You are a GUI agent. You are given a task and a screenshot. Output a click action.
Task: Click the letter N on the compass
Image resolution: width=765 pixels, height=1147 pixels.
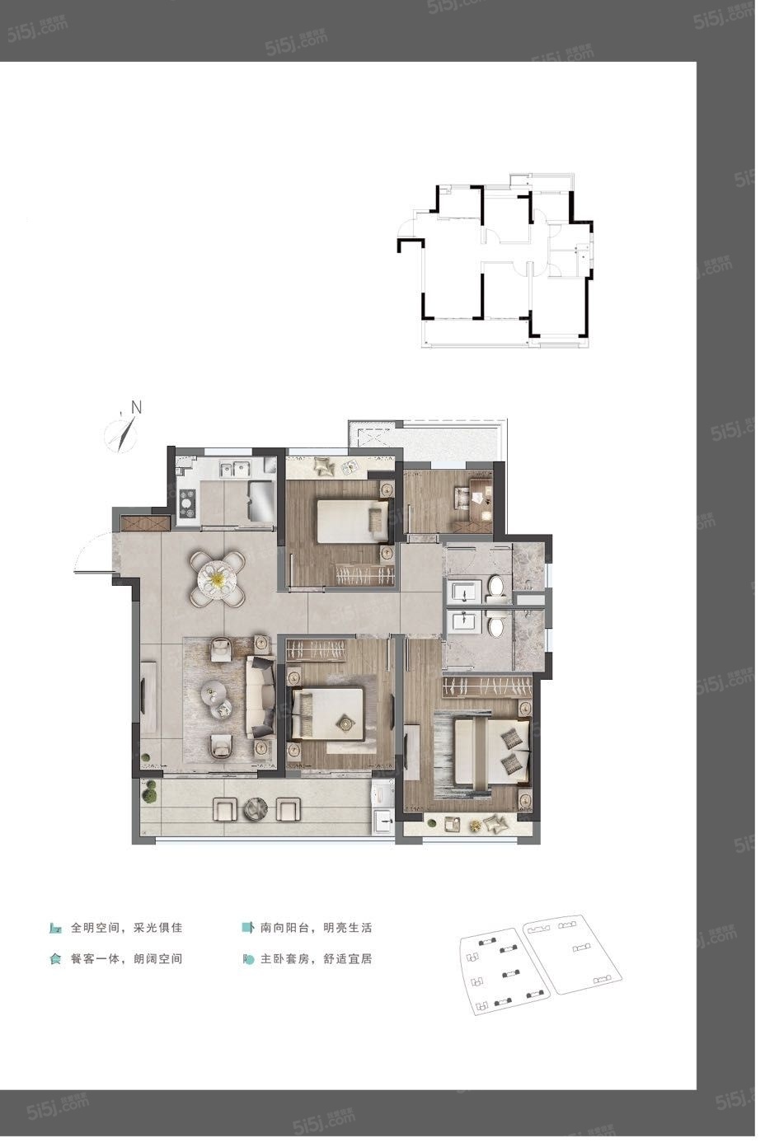(x=136, y=407)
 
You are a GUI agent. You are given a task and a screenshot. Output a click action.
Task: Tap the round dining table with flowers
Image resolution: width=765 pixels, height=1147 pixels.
(x=217, y=578)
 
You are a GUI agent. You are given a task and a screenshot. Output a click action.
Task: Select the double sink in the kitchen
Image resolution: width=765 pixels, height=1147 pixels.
(x=235, y=469)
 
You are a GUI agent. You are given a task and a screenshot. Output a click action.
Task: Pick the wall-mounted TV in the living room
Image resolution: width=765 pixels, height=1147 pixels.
(x=143, y=697)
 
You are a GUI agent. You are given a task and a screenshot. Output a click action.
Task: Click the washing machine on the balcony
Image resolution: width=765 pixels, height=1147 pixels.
(x=383, y=794)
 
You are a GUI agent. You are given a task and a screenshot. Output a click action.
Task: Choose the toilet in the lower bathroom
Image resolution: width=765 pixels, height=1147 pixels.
(x=496, y=626)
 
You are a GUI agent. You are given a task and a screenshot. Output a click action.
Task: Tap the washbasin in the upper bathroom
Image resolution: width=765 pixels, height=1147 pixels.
(x=464, y=592)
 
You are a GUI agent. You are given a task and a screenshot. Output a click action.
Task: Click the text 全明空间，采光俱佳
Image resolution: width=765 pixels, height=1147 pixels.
(x=127, y=928)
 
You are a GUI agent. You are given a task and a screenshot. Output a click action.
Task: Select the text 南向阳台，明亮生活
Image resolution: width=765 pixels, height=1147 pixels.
(x=317, y=928)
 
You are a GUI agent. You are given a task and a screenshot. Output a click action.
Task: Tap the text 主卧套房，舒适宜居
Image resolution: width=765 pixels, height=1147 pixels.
(x=317, y=959)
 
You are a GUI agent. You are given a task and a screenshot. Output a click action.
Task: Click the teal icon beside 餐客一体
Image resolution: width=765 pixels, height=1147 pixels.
(x=55, y=959)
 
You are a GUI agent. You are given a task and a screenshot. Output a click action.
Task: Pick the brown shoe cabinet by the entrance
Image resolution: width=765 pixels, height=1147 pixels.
(x=146, y=523)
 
